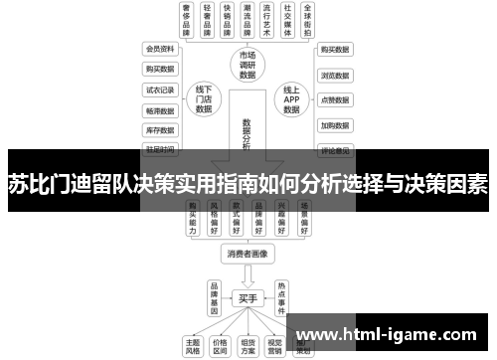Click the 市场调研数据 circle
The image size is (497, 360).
tap(247, 66)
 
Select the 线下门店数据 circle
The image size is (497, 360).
tap(204, 99)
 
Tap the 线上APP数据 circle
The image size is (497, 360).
tap(290, 99)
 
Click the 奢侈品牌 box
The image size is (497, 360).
tap(186, 21)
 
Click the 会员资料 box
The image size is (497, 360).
tap(160, 48)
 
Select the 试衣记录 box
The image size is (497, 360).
tap(160, 89)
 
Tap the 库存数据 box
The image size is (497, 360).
tap(160, 130)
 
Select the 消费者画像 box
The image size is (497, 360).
tap(248, 256)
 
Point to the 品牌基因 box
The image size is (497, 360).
tap(212, 295)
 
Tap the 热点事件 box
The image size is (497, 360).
tap(282, 295)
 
